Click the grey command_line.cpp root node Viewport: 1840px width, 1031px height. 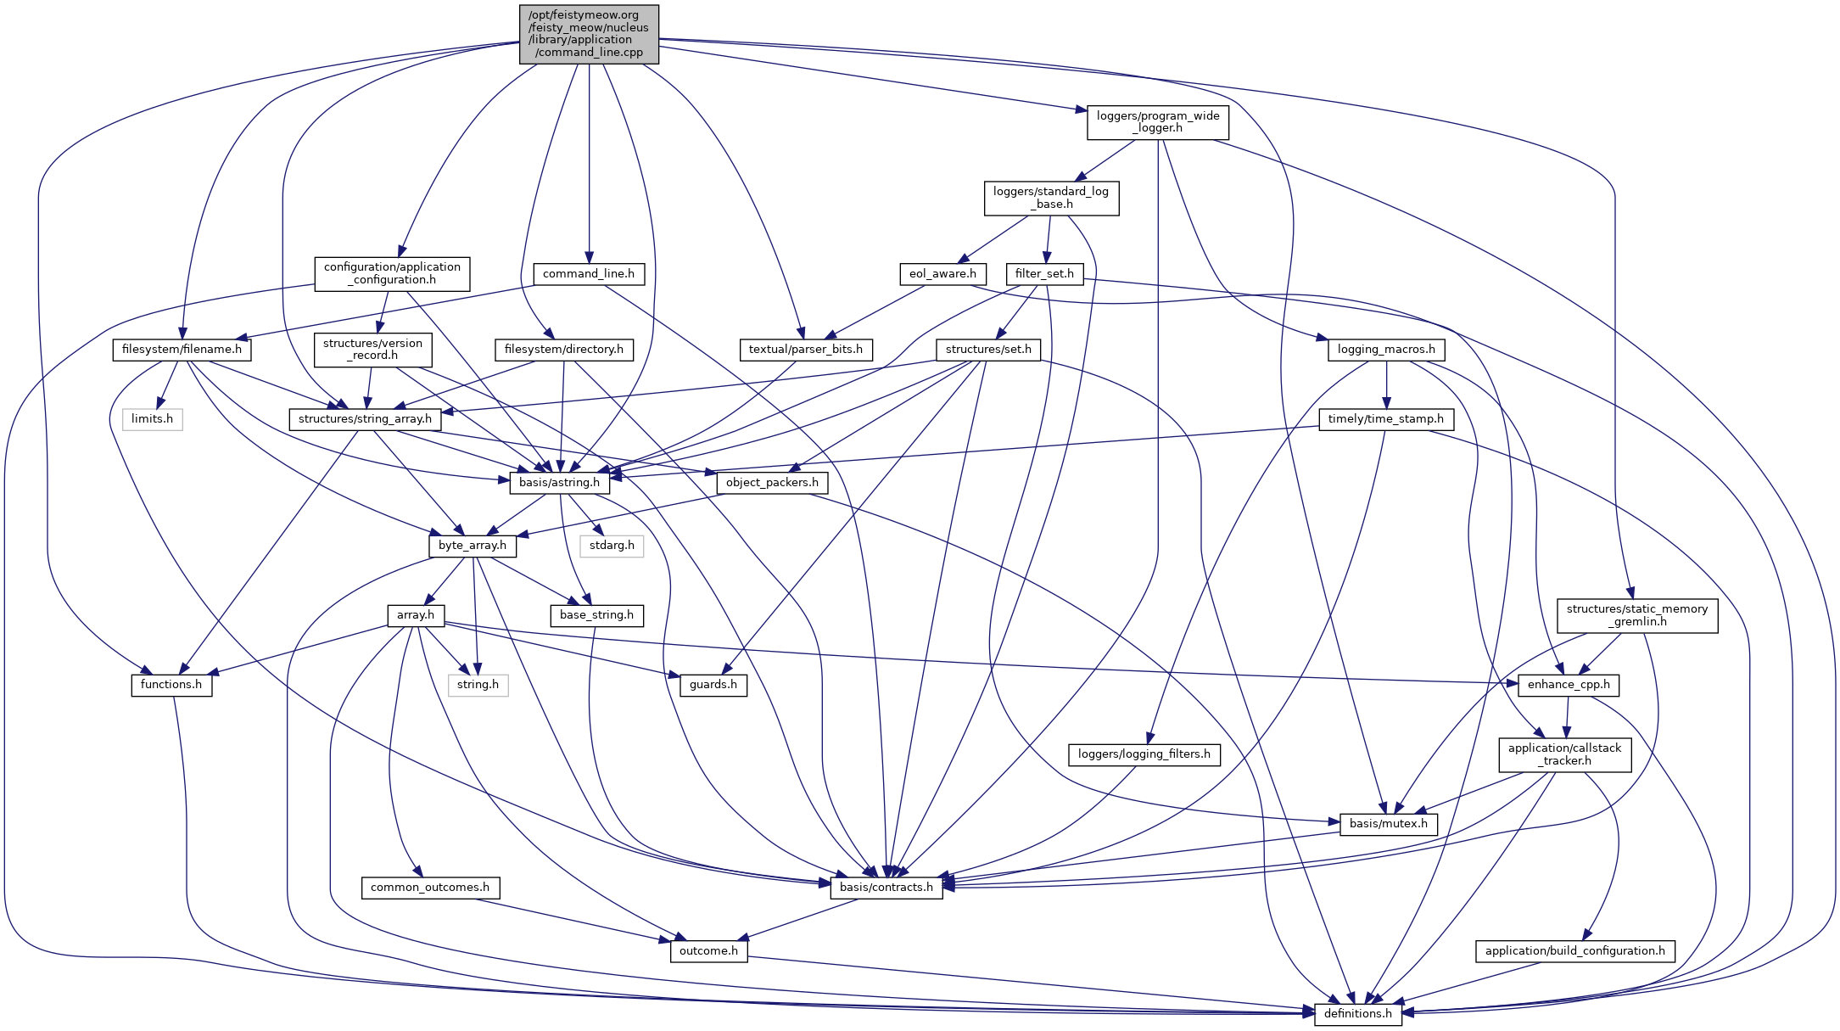click(x=589, y=34)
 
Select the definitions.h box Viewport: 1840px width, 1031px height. click(x=1357, y=1013)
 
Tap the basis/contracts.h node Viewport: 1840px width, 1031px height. click(x=886, y=887)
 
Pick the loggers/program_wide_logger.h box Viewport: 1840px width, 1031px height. click(x=1157, y=122)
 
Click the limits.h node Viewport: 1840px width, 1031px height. click(x=152, y=418)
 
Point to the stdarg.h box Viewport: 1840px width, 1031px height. click(x=612, y=545)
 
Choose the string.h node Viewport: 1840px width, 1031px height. click(x=478, y=684)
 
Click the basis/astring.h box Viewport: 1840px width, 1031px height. click(x=559, y=482)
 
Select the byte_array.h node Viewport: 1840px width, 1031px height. click(x=472, y=545)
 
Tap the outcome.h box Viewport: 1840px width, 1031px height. click(x=708, y=950)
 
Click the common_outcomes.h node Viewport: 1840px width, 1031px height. click(x=429, y=887)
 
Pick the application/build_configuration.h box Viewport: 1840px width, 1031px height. click(x=1574, y=950)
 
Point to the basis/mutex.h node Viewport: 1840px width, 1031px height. click(x=1388, y=823)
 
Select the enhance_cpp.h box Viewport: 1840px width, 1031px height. click(x=1568, y=684)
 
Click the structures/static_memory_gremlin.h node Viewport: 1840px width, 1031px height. click(x=1636, y=615)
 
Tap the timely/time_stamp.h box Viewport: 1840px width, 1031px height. click(x=1385, y=418)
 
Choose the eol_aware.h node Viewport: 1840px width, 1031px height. click(x=942, y=273)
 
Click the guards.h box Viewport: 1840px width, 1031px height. click(x=713, y=684)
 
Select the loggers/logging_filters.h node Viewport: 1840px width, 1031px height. click(x=1144, y=754)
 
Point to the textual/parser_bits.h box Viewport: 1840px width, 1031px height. click(x=805, y=349)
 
